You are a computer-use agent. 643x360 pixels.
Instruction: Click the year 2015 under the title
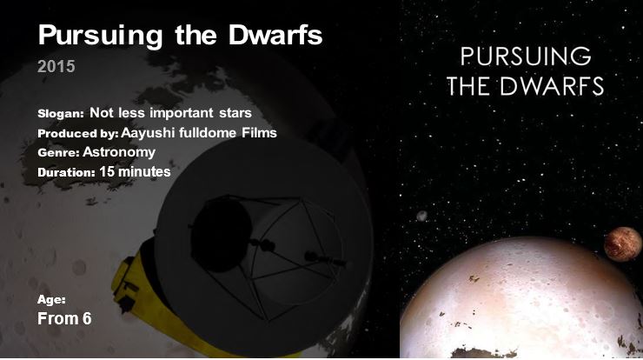56,66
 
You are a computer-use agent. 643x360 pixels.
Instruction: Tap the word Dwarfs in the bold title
275,35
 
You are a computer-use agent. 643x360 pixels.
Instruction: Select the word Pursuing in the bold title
101,37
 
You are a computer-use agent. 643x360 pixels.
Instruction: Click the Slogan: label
61,114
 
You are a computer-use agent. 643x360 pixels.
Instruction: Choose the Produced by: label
78,134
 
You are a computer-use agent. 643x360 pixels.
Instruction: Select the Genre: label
58,153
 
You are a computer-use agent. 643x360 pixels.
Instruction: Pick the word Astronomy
119,152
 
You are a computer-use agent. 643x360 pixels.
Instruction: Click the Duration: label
66,172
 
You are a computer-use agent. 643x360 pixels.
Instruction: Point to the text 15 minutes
135,171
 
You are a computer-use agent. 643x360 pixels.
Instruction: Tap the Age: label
51,300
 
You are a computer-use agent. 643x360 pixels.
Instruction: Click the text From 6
64,318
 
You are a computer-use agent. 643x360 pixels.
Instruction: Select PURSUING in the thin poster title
526,57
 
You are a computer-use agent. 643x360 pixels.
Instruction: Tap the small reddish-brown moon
622,244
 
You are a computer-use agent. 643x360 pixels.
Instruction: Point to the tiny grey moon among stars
421,216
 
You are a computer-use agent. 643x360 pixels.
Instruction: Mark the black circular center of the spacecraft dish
222,235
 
